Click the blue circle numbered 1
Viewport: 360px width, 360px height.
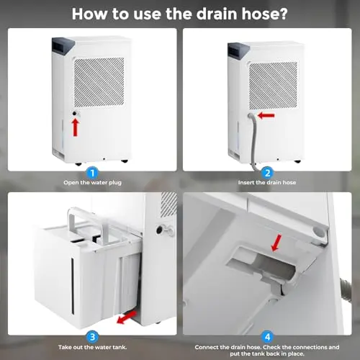point(92,173)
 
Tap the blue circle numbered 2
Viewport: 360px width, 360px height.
point(267,173)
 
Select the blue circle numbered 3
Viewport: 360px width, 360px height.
point(92,337)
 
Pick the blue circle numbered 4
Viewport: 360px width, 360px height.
point(267,337)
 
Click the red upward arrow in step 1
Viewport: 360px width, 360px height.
point(76,127)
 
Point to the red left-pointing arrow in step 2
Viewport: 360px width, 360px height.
point(266,116)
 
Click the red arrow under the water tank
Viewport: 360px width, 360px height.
point(127,318)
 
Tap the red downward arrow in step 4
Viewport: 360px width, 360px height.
point(276,243)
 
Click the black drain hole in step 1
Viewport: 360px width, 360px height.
point(75,114)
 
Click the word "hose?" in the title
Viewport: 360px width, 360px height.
point(264,14)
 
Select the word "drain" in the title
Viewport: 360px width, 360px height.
point(217,14)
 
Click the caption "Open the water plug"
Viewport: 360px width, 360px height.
point(92,183)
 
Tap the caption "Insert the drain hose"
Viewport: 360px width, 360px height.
point(267,182)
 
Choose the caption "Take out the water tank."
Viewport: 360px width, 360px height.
point(92,347)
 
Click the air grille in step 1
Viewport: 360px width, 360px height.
point(99,82)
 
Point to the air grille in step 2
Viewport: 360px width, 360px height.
point(273,86)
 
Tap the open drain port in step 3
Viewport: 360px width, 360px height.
point(159,230)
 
